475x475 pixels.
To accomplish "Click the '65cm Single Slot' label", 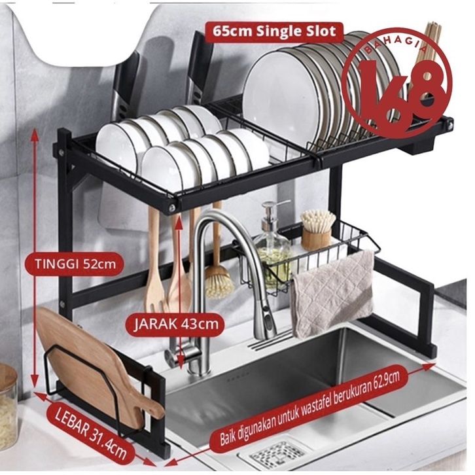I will (271, 31).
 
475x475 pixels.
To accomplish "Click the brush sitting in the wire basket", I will (319, 226).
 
